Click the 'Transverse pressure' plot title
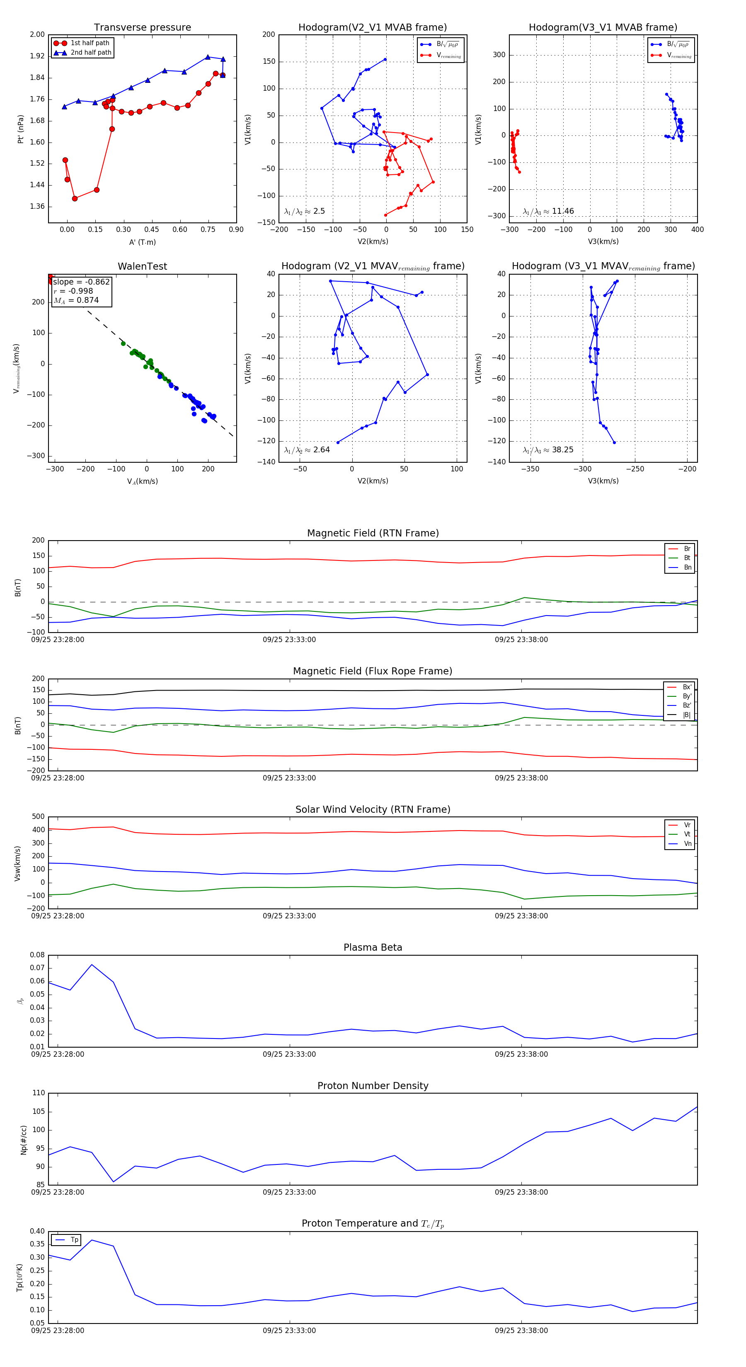[x=142, y=28]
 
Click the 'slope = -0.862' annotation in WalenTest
[x=81, y=282]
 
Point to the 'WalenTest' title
[x=142, y=266]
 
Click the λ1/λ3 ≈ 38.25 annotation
[x=548, y=450]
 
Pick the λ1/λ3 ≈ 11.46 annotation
[x=548, y=211]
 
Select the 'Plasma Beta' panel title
[x=373, y=947]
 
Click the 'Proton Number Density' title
[x=373, y=1086]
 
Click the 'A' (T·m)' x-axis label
[x=142, y=242]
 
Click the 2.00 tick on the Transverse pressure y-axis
[x=37, y=34]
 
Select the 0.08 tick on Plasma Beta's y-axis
[x=37, y=955]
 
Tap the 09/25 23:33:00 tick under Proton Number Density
[x=289, y=1192]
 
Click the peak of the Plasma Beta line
[x=92, y=965]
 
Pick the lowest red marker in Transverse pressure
[x=75, y=198]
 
